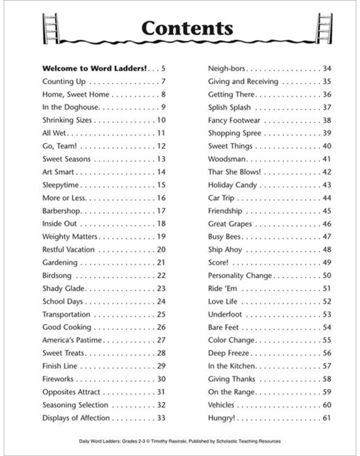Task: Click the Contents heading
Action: click(x=187, y=28)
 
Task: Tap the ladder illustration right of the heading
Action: click(x=324, y=27)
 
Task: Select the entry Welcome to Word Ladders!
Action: click(x=94, y=69)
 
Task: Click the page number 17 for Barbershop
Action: click(x=161, y=211)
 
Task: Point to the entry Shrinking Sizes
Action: click(x=66, y=120)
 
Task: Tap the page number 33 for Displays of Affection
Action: click(x=161, y=418)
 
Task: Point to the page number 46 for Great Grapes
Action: click(x=327, y=224)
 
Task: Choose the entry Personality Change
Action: click(x=240, y=275)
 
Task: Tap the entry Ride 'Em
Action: click(x=221, y=288)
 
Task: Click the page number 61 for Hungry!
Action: click(x=327, y=418)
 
